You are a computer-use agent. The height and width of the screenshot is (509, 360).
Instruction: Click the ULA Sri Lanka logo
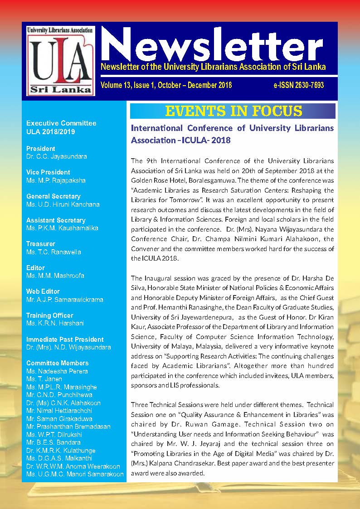[60, 60]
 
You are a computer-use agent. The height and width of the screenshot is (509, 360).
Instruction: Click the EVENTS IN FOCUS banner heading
[233, 111]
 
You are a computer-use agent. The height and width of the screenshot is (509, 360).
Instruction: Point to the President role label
[41, 149]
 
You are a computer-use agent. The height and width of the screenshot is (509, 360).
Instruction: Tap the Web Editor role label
[43, 291]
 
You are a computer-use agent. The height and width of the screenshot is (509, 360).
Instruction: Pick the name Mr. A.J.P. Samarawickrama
[65, 299]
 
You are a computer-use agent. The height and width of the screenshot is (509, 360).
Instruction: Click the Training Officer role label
[49, 315]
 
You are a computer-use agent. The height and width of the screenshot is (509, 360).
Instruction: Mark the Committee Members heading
[58, 363]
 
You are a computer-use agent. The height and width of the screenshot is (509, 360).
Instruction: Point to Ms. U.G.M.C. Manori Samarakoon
[75, 474]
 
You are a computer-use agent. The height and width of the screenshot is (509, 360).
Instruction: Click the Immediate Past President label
[65, 339]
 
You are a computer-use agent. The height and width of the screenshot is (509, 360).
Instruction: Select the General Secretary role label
[54, 196]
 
